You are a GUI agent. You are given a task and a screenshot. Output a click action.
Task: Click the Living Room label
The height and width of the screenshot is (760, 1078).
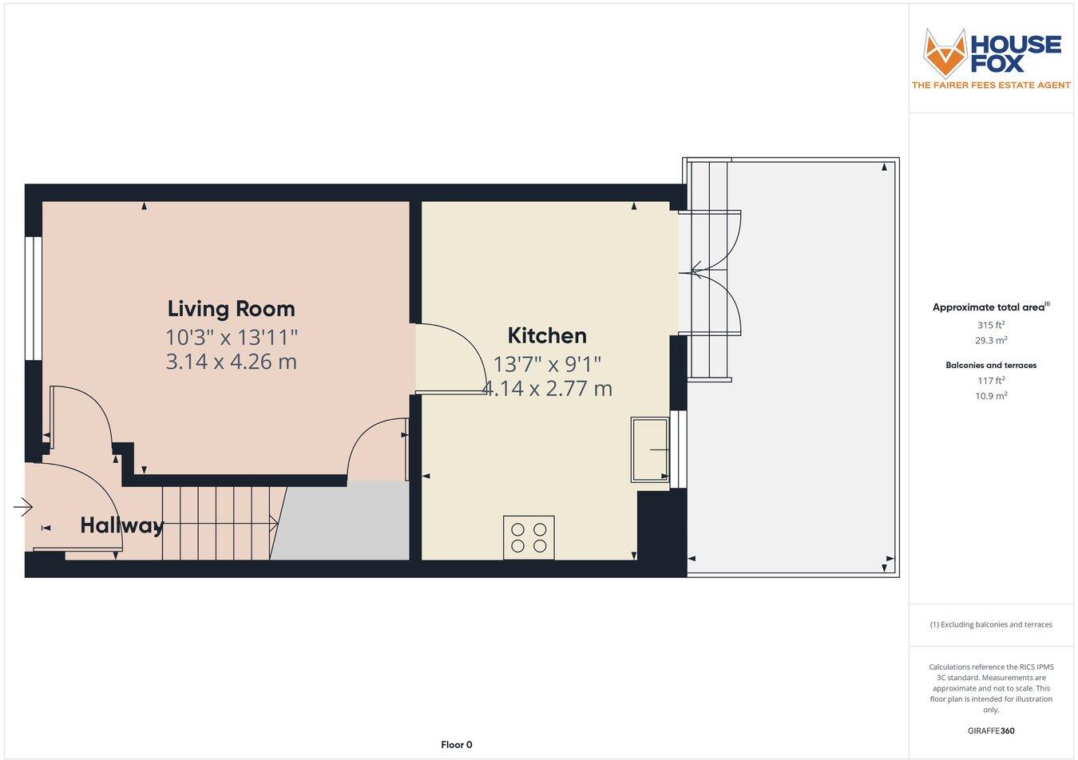tap(231, 309)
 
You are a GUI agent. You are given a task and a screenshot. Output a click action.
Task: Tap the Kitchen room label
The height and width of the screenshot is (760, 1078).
tap(547, 335)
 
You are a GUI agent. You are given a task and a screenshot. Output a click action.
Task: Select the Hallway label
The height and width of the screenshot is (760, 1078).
tap(121, 525)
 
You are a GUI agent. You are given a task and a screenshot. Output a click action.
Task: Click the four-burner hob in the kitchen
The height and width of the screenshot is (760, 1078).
tap(529, 537)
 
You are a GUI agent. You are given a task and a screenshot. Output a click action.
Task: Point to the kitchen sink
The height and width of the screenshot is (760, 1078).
tap(650, 450)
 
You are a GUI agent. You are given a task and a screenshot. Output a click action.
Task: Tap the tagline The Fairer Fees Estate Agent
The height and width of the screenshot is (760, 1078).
tap(991, 85)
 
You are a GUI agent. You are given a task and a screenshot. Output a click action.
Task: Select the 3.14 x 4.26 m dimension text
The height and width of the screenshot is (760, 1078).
tap(231, 362)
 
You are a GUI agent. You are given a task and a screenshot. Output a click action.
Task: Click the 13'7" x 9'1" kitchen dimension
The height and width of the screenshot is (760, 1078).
tap(547, 364)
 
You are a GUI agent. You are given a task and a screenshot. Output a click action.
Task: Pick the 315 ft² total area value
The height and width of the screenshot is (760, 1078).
tap(991, 325)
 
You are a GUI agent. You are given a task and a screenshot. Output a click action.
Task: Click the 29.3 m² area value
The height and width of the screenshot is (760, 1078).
tap(991, 340)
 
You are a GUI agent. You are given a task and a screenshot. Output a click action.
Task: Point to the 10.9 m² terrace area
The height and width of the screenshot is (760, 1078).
tap(991, 396)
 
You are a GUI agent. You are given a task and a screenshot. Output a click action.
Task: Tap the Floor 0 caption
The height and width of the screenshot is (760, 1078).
tap(457, 745)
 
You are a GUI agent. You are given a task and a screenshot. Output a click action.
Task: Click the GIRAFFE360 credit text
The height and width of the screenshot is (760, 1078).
tap(991, 730)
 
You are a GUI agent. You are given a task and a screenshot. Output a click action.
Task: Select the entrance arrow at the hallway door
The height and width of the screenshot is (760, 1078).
tap(22, 507)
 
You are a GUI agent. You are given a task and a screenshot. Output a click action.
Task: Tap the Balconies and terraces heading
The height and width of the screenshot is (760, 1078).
tap(991, 366)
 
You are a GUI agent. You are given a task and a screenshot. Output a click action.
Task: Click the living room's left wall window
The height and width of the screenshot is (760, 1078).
tap(33, 299)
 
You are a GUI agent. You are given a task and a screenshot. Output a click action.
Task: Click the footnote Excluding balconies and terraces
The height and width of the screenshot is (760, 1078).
tap(991, 625)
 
